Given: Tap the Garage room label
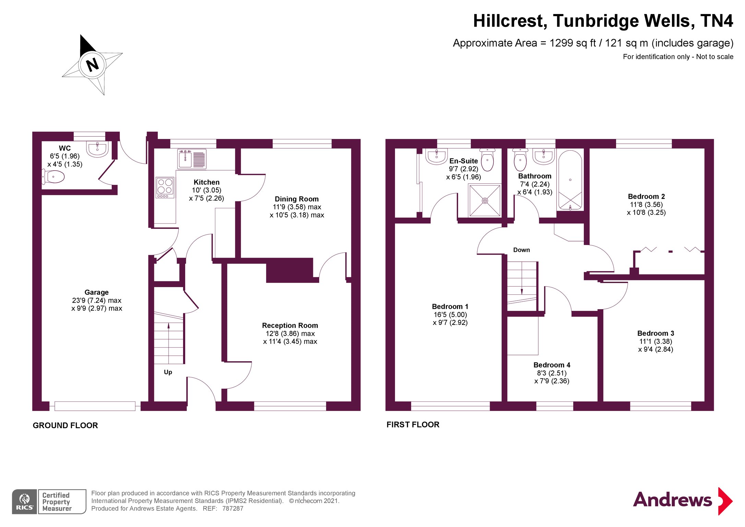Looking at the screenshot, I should tap(96, 292).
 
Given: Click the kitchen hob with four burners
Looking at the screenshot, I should tap(165, 187).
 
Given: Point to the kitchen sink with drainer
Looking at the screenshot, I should tap(192, 159).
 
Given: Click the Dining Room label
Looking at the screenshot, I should tap(297, 199).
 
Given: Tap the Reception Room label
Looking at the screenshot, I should tap(290, 325).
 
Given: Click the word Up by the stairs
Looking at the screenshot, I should tap(168, 372).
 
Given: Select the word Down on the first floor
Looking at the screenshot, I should tap(521, 250).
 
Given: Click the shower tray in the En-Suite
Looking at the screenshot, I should tap(484, 201).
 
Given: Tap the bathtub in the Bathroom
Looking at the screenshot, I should tap(570, 180).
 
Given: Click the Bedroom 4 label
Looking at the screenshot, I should tap(552, 365).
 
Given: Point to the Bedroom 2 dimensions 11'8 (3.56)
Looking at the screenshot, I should tap(646, 204).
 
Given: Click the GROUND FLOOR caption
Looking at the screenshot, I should tap(65, 425).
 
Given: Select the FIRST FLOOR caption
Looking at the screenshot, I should tap(412, 425).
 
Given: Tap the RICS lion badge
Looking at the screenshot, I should tap(24, 502).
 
